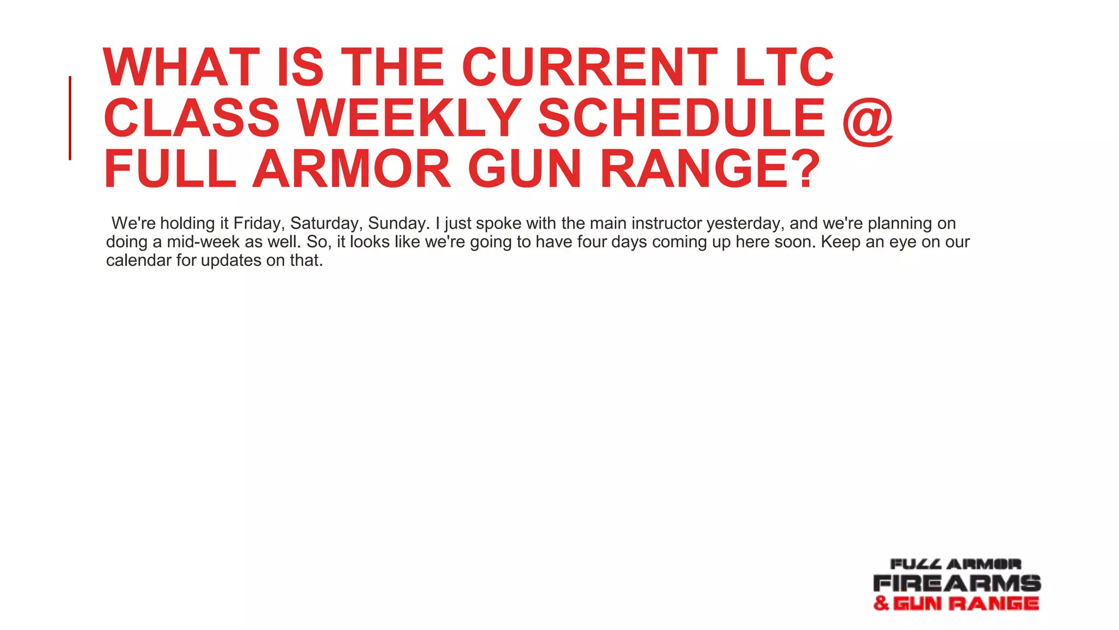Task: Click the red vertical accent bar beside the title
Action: (x=70, y=118)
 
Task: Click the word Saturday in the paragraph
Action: (x=326, y=223)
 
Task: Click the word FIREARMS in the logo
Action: (x=957, y=583)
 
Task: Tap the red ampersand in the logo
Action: (x=881, y=603)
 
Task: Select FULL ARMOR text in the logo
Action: (x=956, y=564)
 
